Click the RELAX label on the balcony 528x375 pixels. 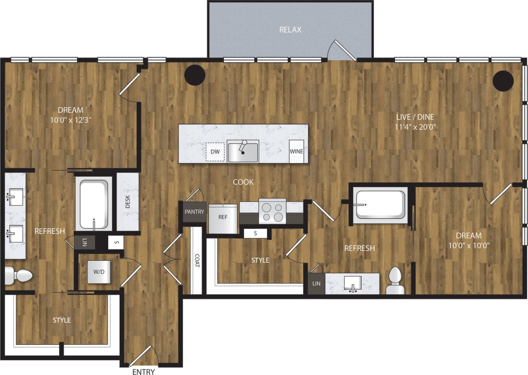(x=290, y=30)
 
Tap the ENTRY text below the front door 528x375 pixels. (x=143, y=372)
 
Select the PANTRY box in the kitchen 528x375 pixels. (x=194, y=212)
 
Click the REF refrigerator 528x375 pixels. (x=223, y=218)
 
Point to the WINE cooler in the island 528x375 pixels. (x=296, y=152)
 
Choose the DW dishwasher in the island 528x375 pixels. (x=215, y=152)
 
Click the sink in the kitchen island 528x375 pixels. (x=243, y=152)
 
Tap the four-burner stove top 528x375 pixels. (x=272, y=212)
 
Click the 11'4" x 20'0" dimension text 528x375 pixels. (x=415, y=127)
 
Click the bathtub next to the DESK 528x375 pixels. (x=94, y=204)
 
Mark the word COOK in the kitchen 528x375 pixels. (x=243, y=182)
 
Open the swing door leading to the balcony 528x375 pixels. (x=342, y=51)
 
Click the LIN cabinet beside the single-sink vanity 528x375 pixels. (x=316, y=283)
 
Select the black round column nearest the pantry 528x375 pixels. (x=195, y=75)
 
